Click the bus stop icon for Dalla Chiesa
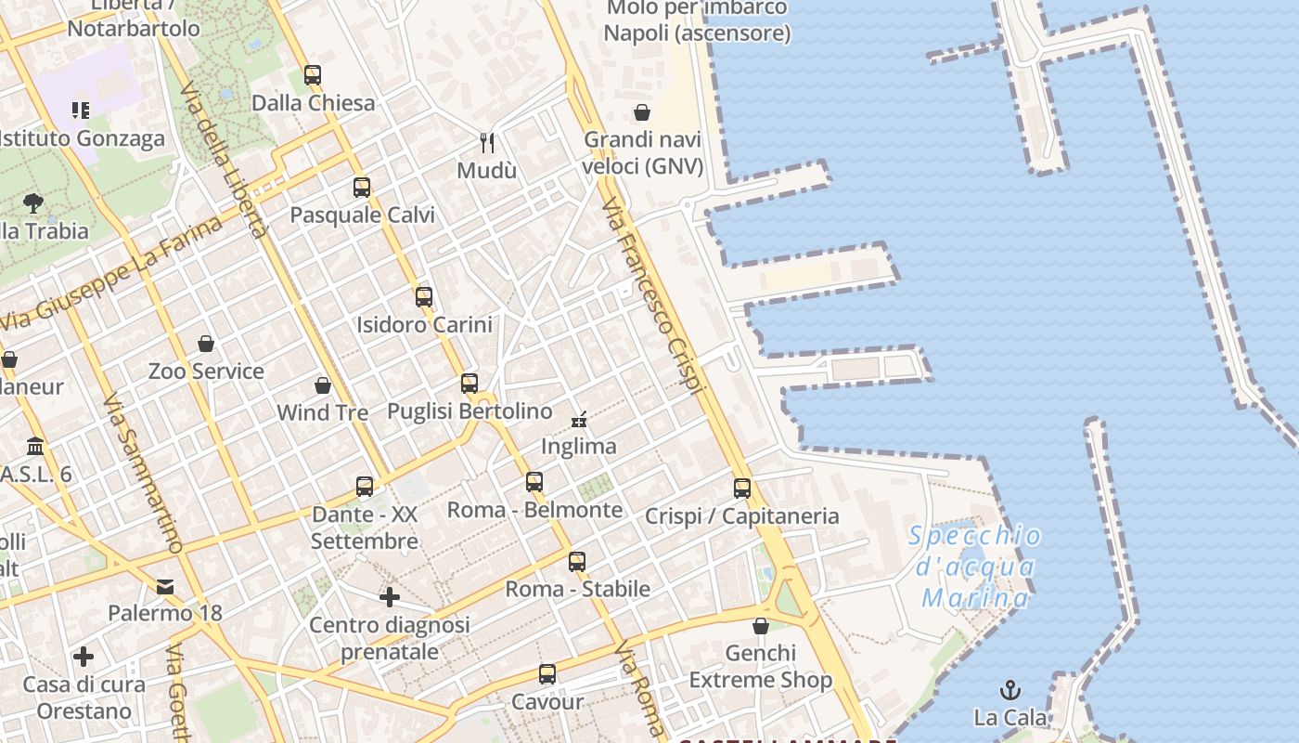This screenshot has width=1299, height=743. pos(313,75)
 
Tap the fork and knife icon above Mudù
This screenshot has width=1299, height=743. pos(487,142)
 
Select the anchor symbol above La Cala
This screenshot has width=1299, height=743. pos(1010,690)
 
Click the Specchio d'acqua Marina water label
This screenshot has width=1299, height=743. pos(974,566)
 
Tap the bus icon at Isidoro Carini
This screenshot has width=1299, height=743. pos(424,297)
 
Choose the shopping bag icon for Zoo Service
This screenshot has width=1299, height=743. pos(206,344)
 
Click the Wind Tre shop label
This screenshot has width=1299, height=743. pos(323,411)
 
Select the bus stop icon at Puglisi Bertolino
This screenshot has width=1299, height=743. pos(469,384)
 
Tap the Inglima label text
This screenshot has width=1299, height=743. pos(579,447)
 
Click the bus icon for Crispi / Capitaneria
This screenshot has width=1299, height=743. pos(742,489)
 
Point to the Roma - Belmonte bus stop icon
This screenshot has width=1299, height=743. pos(534,482)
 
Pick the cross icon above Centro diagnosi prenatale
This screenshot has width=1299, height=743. pos(390,596)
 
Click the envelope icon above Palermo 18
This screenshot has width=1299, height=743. pos(165,586)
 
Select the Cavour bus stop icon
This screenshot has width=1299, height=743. pos(547,674)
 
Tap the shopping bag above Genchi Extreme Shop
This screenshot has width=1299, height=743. pos(761,626)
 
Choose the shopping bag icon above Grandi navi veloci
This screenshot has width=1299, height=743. pos(642,112)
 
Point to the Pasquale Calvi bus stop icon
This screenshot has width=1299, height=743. pos(362,188)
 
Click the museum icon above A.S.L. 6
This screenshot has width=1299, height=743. pos(35,446)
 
